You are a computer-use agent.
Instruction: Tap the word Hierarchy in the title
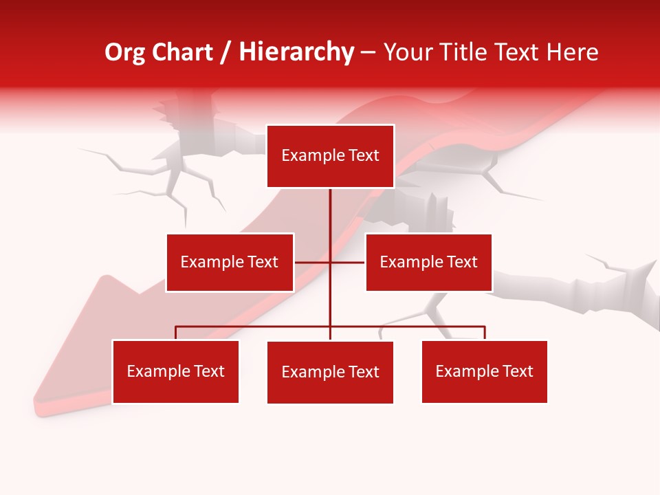pyautogui.click(x=296, y=53)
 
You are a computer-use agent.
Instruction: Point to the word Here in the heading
pyautogui.click(x=572, y=53)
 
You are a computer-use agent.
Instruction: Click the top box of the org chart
pyautogui.click(x=330, y=156)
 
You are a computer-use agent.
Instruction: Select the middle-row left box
pyautogui.click(x=230, y=263)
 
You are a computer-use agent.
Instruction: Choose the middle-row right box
pyautogui.click(x=428, y=263)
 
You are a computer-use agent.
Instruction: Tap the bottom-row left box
pyautogui.click(x=175, y=372)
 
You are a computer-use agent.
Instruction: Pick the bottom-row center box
pyautogui.click(x=330, y=373)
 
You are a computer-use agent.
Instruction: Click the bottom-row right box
pyautogui.click(x=485, y=372)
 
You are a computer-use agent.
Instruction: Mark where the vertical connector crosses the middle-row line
pyautogui.click(x=330, y=263)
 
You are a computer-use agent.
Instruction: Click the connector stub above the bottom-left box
pyautogui.click(x=175, y=333)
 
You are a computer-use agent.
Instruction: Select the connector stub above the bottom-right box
pyautogui.click(x=485, y=333)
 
